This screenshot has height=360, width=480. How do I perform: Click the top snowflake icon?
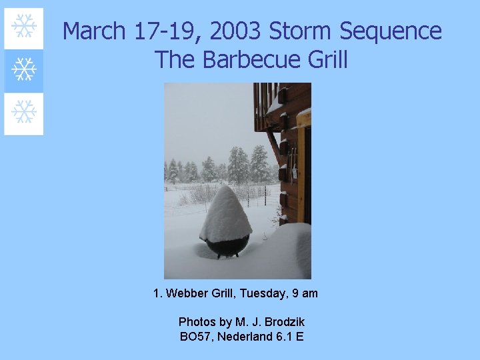24,27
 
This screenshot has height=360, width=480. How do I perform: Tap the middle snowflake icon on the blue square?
24,69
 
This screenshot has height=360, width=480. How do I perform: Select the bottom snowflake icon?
24,112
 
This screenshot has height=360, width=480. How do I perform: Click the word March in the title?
94,31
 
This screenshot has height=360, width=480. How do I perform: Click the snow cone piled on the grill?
225,213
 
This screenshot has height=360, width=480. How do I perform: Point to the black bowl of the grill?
227,247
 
